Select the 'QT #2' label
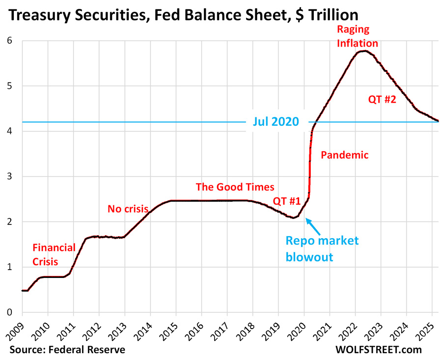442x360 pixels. (382, 99)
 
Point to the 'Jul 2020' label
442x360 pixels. (276, 121)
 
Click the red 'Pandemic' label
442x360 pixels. (344, 155)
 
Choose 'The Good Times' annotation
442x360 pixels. (235, 187)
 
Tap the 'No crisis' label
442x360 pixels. (128, 209)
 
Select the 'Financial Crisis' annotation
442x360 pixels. (54, 254)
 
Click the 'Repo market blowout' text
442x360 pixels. (323, 248)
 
